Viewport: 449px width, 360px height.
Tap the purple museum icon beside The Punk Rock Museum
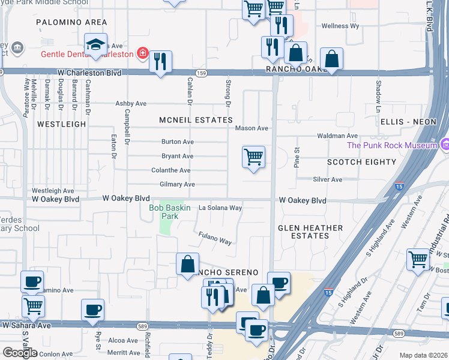tap(444, 145)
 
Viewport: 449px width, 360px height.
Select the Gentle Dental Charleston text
tap(88, 53)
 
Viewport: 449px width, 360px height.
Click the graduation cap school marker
tap(95, 44)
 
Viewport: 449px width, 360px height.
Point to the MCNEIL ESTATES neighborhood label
tap(196, 120)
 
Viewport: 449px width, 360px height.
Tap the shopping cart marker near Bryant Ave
tap(253, 157)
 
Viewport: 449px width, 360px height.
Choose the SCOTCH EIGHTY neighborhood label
tap(361, 162)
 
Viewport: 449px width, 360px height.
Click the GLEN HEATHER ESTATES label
tap(311, 232)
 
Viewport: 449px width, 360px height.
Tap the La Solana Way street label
tap(220, 208)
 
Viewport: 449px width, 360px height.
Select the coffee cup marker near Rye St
tap(92, 310)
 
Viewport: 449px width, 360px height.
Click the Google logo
tap(19, 353)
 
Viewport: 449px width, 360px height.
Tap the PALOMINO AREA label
tap(71, 22)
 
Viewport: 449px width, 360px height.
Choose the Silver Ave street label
tap(328, 179)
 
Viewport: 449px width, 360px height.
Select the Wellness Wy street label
tap(340, 26)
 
